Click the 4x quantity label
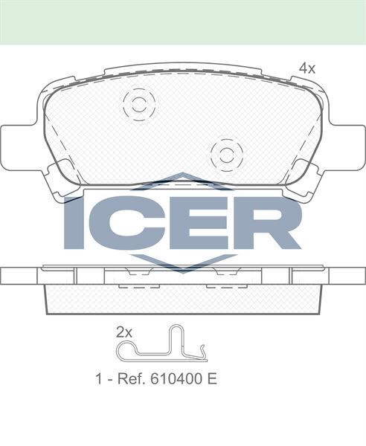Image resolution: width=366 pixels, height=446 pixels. tap(307, 68)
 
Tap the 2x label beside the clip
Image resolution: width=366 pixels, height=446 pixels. tap(124, 332)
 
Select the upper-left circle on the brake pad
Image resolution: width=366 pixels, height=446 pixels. tap(138, 104)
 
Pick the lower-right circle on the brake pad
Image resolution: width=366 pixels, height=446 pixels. tap(227, 155)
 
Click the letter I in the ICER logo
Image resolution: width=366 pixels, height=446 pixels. tap(74, 223)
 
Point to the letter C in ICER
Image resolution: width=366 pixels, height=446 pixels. tap(123, 223)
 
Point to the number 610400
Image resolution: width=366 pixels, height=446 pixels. tap(176, 379)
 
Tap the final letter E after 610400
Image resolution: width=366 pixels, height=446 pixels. tap(213, 379)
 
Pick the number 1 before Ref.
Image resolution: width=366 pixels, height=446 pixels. tap(99, 379)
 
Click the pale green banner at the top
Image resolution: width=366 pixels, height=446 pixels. tap(183, 22)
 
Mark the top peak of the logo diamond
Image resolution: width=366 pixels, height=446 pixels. tap(183, 175)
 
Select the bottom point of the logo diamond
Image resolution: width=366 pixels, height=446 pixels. tap(183, 269)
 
